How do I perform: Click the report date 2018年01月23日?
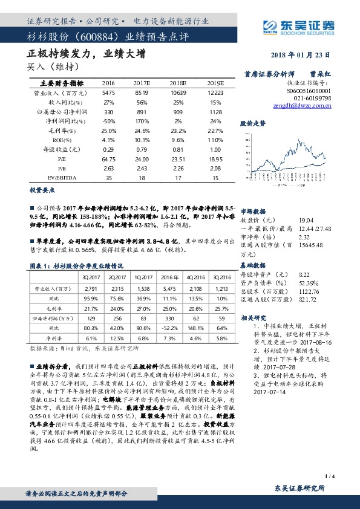308,54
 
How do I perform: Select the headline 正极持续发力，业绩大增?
87,53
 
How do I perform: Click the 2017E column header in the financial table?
142,82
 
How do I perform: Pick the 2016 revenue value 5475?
109,92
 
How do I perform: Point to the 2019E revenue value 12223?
208,92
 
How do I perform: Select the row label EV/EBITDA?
54,178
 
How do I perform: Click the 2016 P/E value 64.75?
109,159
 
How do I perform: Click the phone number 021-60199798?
312,97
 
